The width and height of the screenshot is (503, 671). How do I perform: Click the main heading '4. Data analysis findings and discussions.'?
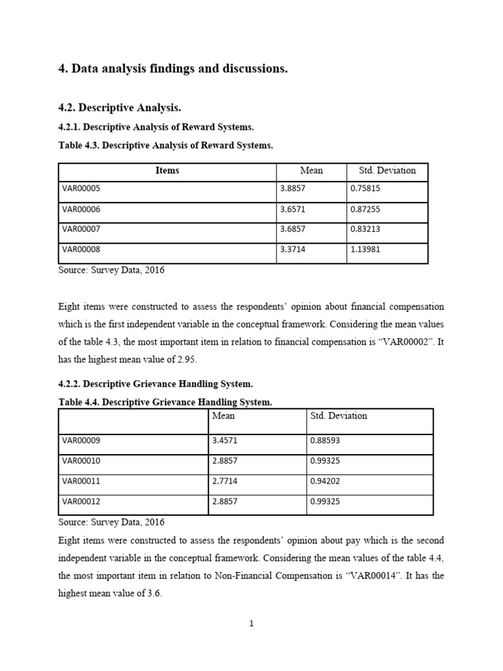pos(173,69)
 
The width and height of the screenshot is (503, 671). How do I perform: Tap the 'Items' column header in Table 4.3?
pos(167,170)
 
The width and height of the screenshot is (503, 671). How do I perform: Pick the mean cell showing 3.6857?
pos(293,230)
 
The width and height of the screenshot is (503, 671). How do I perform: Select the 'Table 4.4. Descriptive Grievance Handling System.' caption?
pos(164,402)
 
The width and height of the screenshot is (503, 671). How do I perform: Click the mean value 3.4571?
pos(226,440)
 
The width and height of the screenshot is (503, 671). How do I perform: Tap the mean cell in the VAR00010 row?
pos(226,461)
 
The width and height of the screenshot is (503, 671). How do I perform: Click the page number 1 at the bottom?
pos(251,624)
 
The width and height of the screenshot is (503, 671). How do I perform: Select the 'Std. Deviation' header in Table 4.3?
pos(387,170)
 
